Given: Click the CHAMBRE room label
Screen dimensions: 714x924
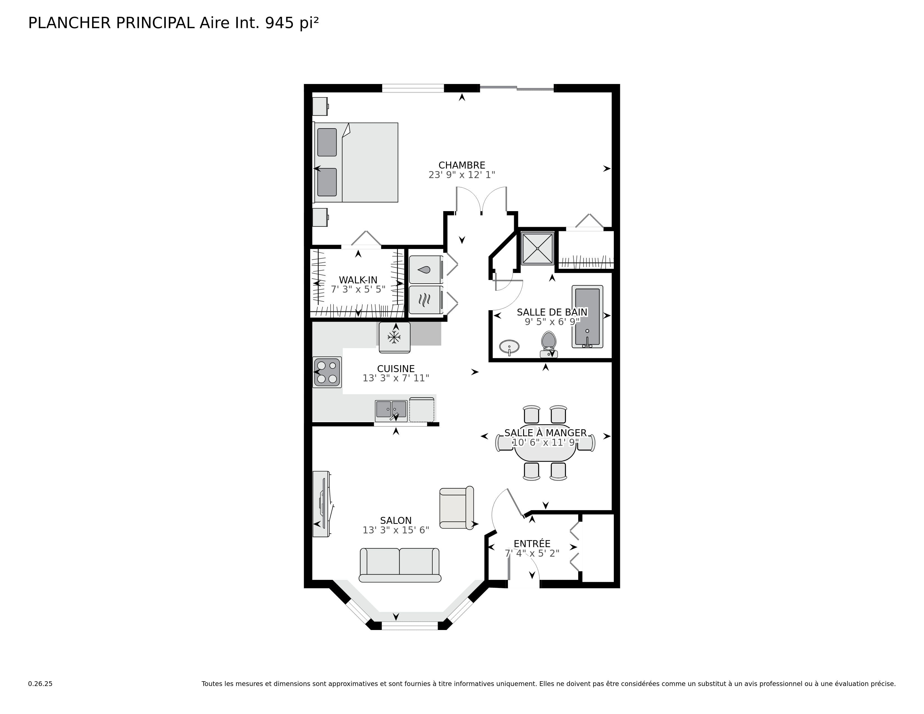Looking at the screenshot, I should pos(461,165).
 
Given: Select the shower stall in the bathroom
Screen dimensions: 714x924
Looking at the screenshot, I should pos(537,248).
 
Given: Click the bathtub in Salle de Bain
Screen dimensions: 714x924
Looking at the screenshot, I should pos(587,316).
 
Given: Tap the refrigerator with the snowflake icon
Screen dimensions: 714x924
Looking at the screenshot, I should pos(394,337).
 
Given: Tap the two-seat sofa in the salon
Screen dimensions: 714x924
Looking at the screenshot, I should pos(399,565).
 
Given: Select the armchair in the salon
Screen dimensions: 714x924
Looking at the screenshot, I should pos(456,508).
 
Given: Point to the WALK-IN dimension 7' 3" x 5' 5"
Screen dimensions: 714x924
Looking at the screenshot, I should pos(358,289).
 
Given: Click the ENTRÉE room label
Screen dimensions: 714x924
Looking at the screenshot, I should pos(532,543).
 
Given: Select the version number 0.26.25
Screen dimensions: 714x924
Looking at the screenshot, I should pos(40,683).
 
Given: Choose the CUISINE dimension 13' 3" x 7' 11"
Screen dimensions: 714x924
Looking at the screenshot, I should pos(396,378).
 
